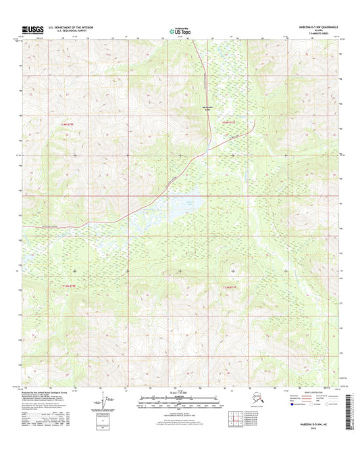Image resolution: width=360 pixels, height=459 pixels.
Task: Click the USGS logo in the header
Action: (x=34, y=30)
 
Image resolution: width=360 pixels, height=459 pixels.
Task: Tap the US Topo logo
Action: (x=179, y=30)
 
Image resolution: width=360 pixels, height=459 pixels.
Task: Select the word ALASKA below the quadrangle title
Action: (x=328, y=30)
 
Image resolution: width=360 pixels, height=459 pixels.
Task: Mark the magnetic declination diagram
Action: (x=103, y=404)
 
